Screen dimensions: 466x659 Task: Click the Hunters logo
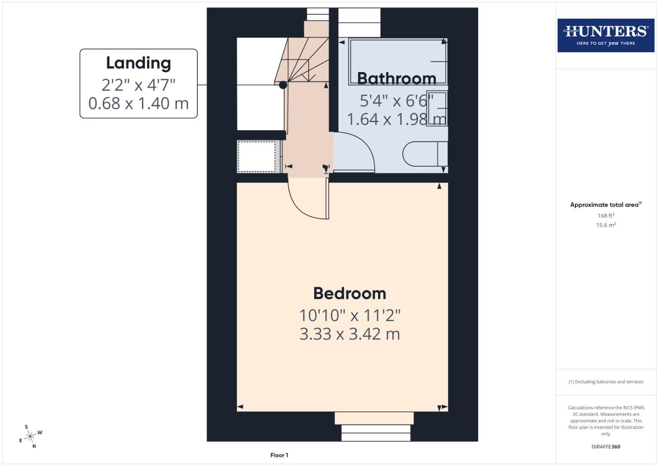click(x=605, y=35)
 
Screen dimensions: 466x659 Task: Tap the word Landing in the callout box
click(x=139, y=63)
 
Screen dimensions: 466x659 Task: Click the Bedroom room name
click(x=350, y=293)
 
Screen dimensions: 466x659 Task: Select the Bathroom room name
click(x=397, y=79)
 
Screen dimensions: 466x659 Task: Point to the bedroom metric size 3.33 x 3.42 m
click(x=350, y=334)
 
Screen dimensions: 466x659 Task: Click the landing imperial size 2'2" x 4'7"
click(x=139, y=85)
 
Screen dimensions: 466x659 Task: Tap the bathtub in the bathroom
click(x=397, y=62)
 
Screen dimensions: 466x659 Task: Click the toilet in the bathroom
click(x=425, y=154)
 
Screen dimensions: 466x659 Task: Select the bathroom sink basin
click(x=437, y=108)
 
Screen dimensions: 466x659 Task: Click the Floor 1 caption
click(x=279, y=455)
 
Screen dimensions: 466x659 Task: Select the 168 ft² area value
click(x=605, y=216)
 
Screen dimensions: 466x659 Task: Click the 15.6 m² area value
click(x=605, y=225)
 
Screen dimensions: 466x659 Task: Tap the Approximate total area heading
click(x=605, y=205)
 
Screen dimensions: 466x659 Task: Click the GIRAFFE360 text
click(x=605, y=447)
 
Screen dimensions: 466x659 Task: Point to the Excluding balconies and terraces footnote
click(x=605, y=382)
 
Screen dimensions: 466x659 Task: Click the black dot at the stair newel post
click(x=283, y=85)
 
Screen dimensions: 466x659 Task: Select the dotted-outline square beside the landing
click(x=257, y=156)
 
